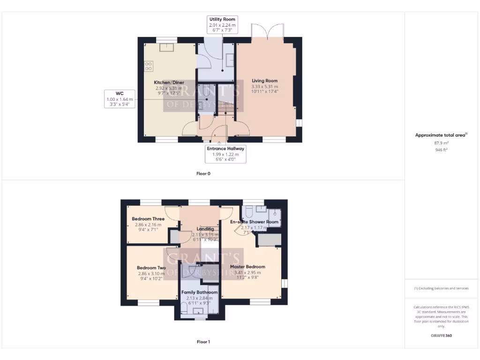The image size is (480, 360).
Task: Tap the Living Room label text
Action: [265, 81]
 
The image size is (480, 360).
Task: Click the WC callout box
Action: [119, 99]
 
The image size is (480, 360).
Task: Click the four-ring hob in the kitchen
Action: [148, 66]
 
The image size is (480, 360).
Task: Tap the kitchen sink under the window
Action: [166, 46]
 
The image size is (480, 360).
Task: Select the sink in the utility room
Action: [230, 60]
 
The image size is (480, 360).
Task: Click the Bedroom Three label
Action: [148, 219]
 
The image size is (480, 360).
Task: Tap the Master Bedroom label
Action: [247, 267]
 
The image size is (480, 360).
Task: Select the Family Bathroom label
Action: [199, 292]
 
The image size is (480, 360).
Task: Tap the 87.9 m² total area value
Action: [441, 143]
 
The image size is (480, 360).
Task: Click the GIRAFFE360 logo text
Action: [441, 336]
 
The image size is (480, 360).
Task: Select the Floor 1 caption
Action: [203, 342]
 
